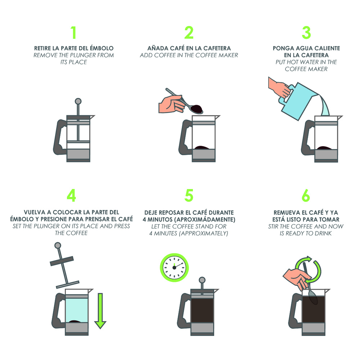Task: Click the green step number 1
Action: click(x=74, y=33)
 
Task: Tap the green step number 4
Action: click(x=71, y=195)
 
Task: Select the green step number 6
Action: click(x=306, y=195)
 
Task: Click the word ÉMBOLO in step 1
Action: click(x=102, y=48)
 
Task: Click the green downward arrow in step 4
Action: click(x=100, y=311)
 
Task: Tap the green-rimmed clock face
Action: click(x=174, y=268)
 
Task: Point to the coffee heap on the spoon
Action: click(x=197, y=108)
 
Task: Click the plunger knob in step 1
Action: click(x=78, y=101)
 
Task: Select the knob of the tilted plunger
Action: click(x=58, y=246)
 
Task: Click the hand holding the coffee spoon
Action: click(x=172, y=104)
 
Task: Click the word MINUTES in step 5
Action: click(x=165, y=234)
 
